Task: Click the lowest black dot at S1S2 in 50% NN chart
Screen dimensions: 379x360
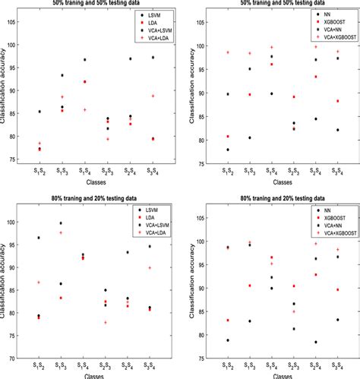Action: point(229,150)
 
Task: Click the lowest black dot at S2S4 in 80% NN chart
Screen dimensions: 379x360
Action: point(316,342)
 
